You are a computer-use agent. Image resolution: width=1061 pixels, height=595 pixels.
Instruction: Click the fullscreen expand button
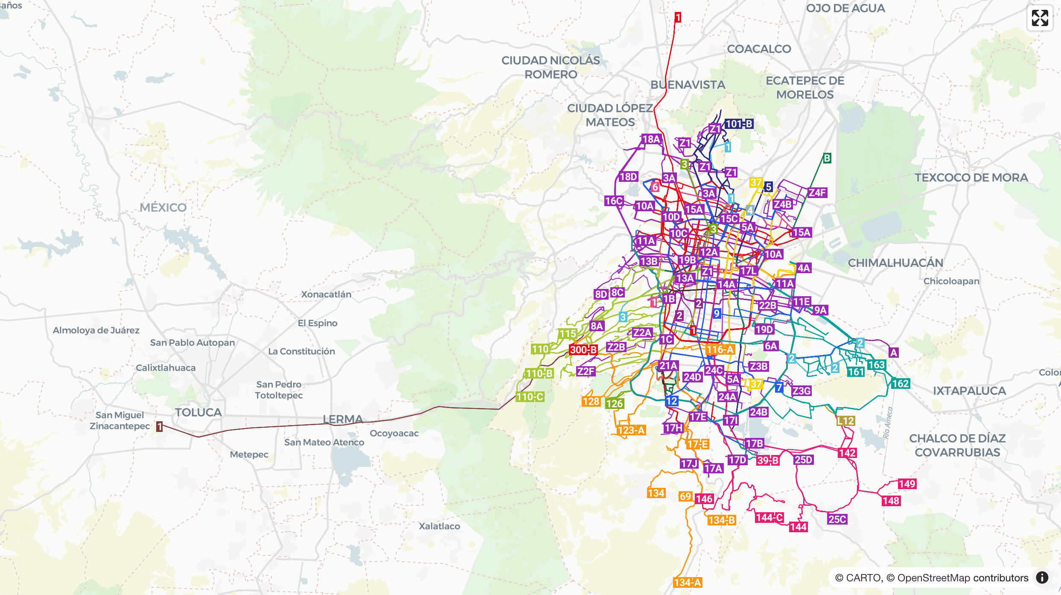point(1040,18)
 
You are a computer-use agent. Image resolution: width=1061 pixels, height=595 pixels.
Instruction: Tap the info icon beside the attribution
point(1042,577)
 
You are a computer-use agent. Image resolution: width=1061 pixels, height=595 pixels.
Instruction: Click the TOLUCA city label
point(198,412)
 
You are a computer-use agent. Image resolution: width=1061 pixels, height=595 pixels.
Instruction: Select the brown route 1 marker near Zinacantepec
point(159,426)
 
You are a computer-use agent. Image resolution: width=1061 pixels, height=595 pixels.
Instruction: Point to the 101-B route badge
point(739,124)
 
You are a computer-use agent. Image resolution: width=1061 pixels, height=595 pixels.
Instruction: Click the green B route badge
point(827,158)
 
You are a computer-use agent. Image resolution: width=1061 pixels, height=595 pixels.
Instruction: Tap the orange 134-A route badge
point(688,582)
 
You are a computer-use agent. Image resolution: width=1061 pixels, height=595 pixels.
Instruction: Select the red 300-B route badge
point(583,350)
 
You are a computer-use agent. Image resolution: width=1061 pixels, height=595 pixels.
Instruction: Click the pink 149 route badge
point(907,484)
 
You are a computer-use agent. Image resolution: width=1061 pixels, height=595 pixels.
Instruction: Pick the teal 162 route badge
point(900,384)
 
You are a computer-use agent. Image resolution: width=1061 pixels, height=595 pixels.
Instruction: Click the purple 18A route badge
point(651,139)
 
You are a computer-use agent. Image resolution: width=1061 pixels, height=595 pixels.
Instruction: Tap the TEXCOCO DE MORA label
point(971,178)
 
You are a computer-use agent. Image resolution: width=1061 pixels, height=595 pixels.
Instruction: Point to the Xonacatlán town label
point(326,294)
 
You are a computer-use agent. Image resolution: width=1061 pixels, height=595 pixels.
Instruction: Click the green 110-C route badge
point(530,397)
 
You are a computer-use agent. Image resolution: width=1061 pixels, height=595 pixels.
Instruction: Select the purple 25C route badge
point(837,519)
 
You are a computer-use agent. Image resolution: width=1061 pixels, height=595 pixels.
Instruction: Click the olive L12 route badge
point(845,421)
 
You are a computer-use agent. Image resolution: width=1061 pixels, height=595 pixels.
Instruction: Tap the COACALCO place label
point(759,49)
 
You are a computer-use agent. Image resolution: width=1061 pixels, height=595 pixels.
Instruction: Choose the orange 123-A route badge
point(631,430)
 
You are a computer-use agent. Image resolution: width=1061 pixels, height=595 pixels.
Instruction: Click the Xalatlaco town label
point(439,526)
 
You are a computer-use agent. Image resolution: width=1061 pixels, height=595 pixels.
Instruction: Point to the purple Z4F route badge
point(817,192)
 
